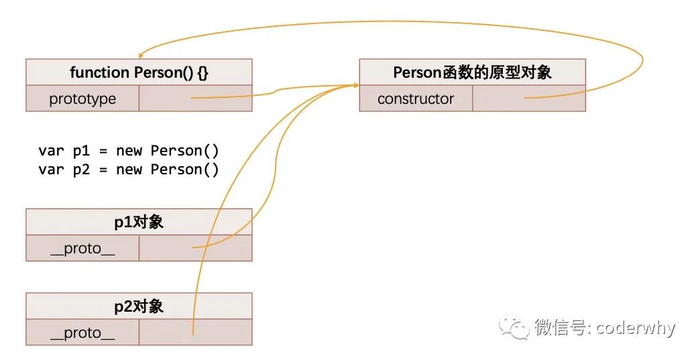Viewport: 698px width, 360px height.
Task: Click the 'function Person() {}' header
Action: point(139,72)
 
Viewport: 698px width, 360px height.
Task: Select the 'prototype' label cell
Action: point(82,99)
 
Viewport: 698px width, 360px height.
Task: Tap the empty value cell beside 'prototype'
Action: point(195,99)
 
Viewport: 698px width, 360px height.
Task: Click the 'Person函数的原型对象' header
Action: point(472,72)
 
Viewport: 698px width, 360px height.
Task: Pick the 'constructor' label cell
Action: point(416,99)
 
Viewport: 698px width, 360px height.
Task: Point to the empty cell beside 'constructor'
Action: point(529,99)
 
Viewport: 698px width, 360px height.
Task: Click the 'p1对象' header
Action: point(139,223)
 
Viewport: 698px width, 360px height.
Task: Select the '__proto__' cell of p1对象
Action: point(82,249)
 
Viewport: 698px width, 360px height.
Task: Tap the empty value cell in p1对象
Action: point(195,249)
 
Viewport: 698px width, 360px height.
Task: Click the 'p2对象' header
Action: point(139,306)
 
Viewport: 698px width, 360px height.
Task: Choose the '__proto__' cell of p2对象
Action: point(82,333)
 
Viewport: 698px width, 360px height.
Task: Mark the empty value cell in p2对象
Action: point(195,333)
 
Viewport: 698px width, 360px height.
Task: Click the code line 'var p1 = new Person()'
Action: point(129,151)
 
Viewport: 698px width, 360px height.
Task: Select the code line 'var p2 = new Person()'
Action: point(129,170)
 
